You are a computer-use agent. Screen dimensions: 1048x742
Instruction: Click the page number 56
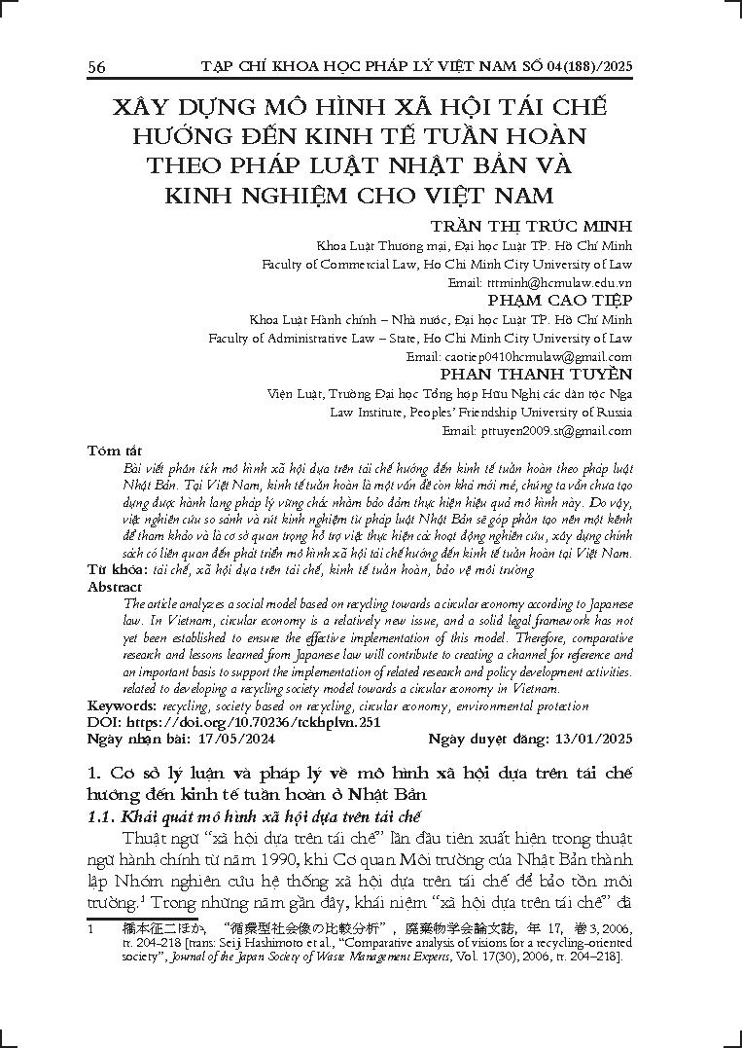pyautogui.click(x=96, y=67)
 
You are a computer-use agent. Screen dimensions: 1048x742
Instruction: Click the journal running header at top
pyautogui.click(x=416, y=66)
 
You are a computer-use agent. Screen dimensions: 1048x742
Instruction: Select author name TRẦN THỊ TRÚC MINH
pyautogui.click(x=530, y=227)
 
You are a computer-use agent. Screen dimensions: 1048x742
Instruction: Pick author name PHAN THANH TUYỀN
pyautogui.click(x=536, y=375)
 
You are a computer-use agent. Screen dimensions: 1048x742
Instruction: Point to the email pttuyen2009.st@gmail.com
pyautogui.click(x=549, y=430)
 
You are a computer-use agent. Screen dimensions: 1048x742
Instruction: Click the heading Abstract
pyautogui.click(x=115, y=587)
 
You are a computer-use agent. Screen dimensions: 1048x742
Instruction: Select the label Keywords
pyautogui.click(x=122, y=706)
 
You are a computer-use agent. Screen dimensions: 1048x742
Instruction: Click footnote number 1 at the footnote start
pyautogui.click(x=90, y=928)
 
